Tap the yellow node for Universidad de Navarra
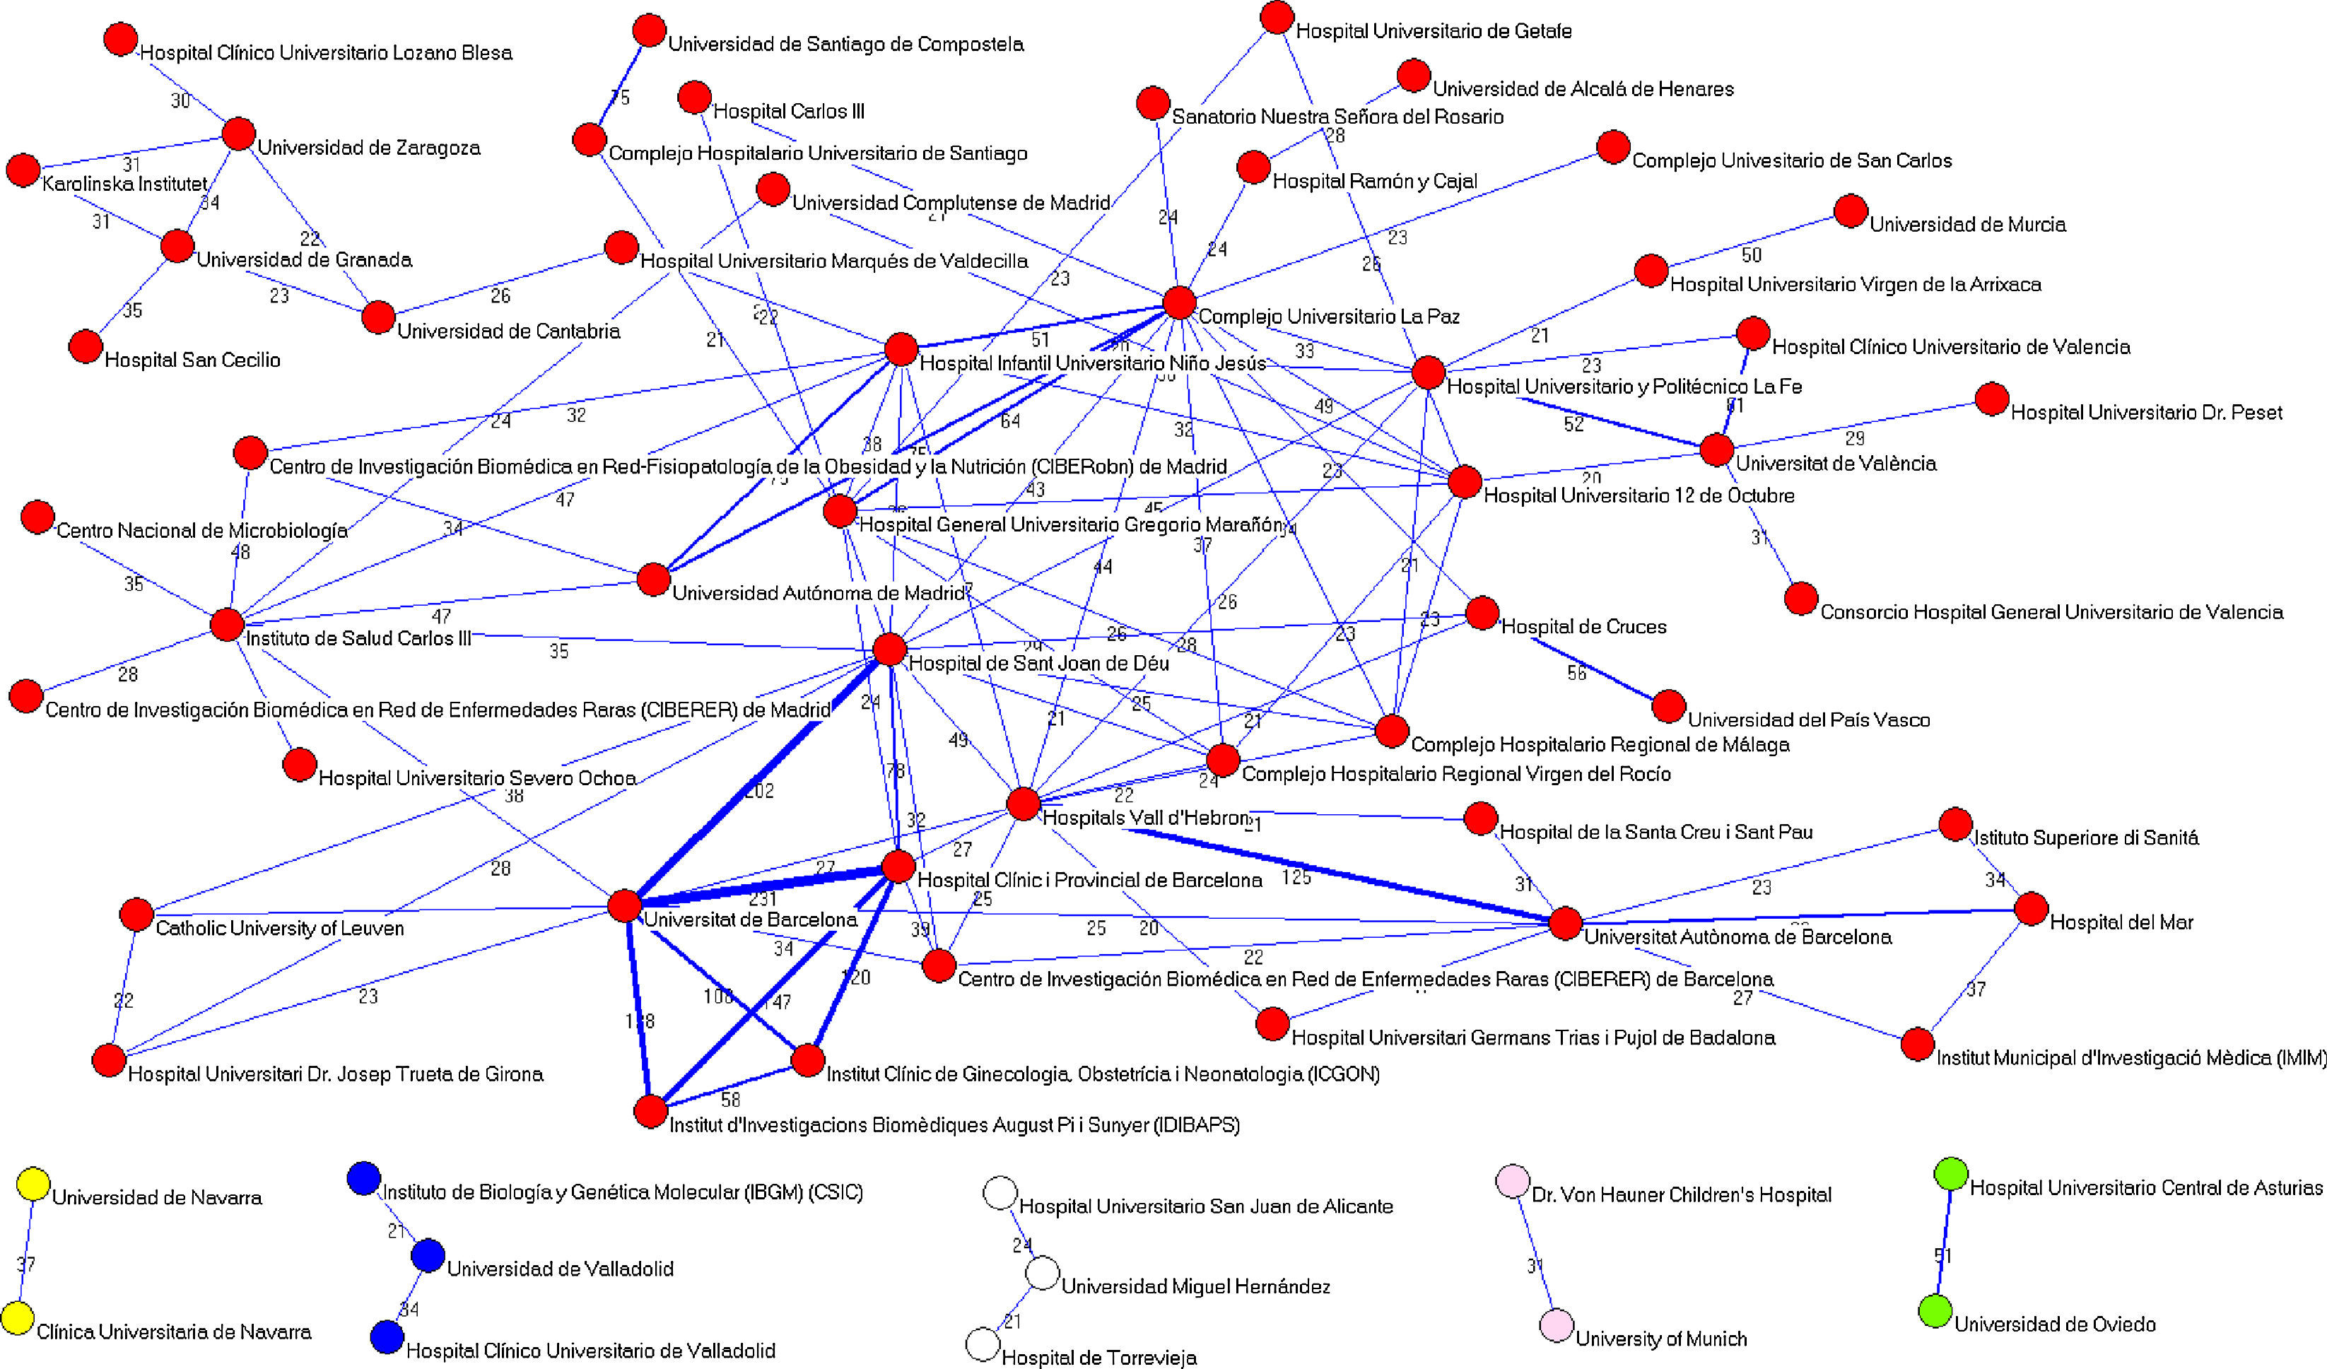(33, 1185)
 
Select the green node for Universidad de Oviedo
(1935, 1311)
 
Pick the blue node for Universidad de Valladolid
(428, 1255)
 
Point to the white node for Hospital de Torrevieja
(983, 1344)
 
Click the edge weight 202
(759, 790)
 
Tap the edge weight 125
(1296, 877)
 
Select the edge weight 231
(763, 898)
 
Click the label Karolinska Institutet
(124, 184)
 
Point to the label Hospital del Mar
(2121, 922)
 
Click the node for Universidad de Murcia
(1851, 211)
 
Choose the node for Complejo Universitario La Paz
(1179, 302)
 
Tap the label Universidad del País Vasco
(1808, 719)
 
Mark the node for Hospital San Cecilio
(85, 347)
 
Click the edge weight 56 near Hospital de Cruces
(1576, 673)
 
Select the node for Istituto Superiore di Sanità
(1955, 824)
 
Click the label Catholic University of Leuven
(280, 928)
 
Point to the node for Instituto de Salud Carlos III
(227, 625)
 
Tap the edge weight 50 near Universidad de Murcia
(1751, 254)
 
